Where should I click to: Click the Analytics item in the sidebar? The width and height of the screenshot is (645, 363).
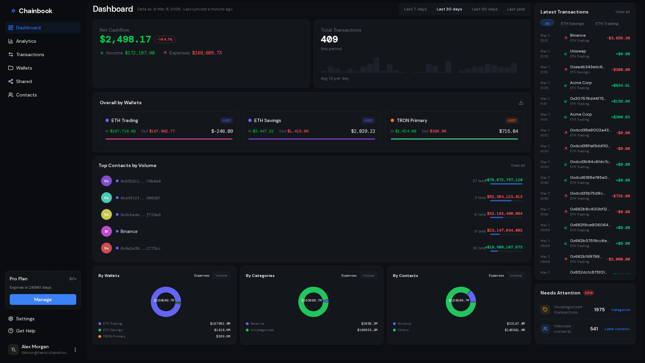pyautogui.click(x=26, y=41)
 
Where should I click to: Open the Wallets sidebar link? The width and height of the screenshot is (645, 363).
pyautogui.click(x=24, y=68)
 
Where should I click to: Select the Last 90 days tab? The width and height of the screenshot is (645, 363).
pyautogui.click(x=484, y=9)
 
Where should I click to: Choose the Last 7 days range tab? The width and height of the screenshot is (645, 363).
pyautogui.click(x=415, y=9)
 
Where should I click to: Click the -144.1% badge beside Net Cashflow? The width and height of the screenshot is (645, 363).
pyautogui.click(x=165, y=39)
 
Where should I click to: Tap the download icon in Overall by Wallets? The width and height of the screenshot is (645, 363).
pyautogui.click(x=521, y=103)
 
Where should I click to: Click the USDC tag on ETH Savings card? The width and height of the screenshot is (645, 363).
pyautogui.click(x=368, y=120)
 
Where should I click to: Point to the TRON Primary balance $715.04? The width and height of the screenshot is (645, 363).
pyautogui.click(x=508, y=131)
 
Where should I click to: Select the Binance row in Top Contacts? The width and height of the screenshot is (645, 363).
pyautogui.click(x=129, y=231)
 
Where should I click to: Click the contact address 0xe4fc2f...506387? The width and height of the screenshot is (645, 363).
pyautogui.click(x=140, y=198)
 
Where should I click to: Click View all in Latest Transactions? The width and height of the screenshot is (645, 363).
pyautogui.click(x=622, y=12)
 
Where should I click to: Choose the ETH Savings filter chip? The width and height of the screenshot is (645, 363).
pyautogui.click(x=572, y=23)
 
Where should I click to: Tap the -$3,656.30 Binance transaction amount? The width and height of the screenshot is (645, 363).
pyautogui.click(x=618, y=38)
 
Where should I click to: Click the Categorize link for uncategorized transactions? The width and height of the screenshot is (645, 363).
pyautogui.click(x=620, y=310)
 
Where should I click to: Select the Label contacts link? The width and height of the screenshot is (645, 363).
pyautogui.click(x=617, y=329)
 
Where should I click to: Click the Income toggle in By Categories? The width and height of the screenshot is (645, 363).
pyautogui.click(x=368, y=276)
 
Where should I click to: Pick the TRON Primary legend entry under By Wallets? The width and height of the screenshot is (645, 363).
pyautogui.click(x=114, y=336)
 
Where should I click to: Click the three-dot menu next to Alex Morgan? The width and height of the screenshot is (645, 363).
pyautogui.click(x=75, y=350)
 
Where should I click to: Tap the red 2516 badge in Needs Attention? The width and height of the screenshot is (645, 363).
pyautogui.click(x=588, y=293)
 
